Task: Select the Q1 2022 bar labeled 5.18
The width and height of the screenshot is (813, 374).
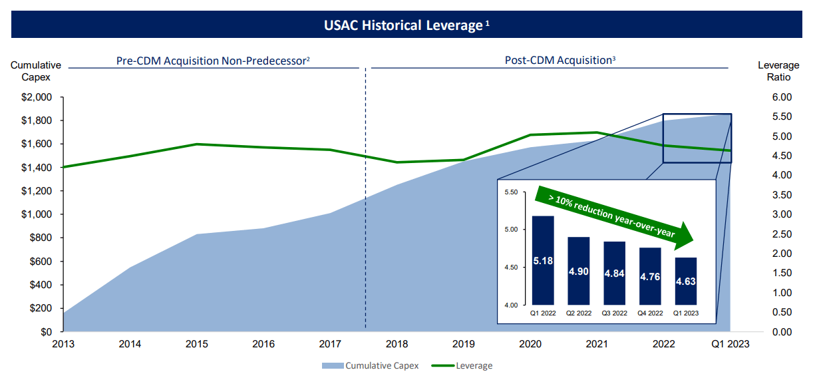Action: (543, 260)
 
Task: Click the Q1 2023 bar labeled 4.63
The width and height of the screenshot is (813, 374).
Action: (686, 281)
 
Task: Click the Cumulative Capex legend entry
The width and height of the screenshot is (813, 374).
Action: (371, 365)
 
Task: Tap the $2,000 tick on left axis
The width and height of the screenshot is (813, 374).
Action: (37, 97)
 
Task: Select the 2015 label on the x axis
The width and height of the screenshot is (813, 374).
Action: (197, 344)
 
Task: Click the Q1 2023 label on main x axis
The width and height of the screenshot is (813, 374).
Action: (731, 344)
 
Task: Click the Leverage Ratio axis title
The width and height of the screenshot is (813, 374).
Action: (778, 71)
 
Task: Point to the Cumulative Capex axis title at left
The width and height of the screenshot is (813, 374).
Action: (36, 71)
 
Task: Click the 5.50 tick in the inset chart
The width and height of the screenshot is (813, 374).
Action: (511, 192)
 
